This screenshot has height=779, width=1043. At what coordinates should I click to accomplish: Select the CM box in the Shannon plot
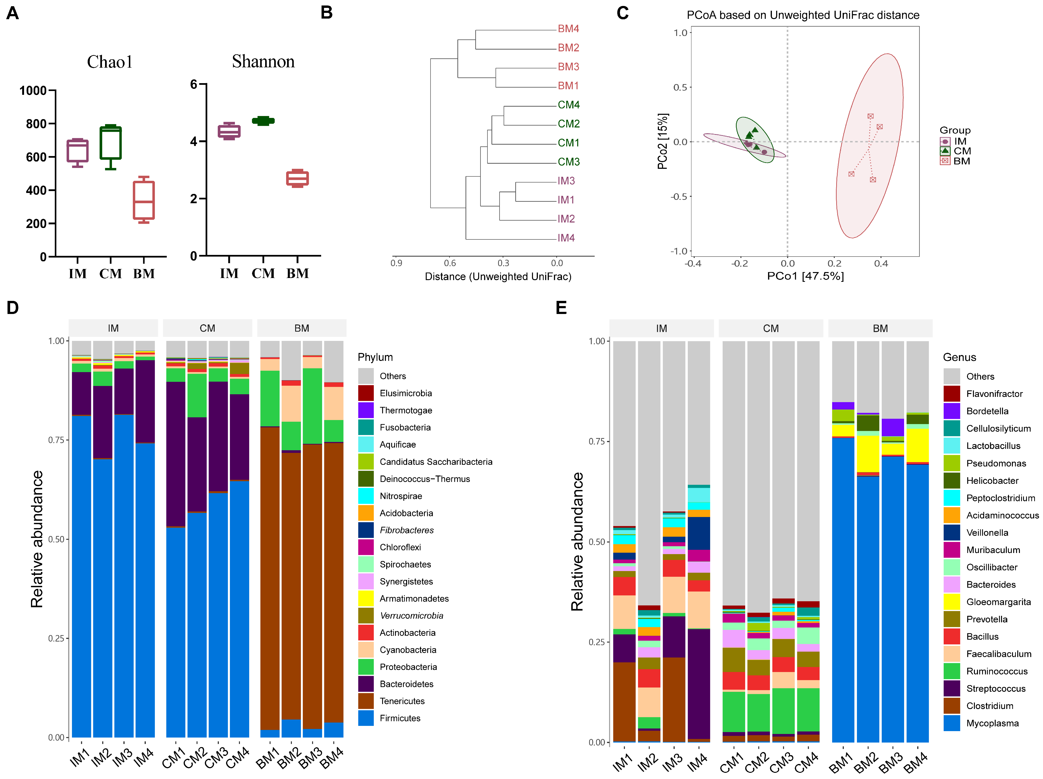click(x=263, y=121)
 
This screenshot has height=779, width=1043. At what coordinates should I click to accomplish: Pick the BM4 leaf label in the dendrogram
click(x=568, y=29)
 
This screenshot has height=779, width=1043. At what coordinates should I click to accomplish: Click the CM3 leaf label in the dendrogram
click(x=569, y=162)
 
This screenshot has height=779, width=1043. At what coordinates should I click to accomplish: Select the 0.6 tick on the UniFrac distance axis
click(x=450, y=263)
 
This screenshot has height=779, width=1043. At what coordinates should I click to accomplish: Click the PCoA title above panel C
click(x=803, y=15)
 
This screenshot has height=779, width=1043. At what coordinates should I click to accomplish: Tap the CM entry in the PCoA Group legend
click(x=962, y=151)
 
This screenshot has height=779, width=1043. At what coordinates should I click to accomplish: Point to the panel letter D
click(x=13, y=308)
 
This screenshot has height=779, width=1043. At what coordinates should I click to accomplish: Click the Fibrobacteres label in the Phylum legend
click(x=406, y=530)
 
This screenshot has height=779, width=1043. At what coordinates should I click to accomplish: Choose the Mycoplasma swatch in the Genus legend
click(x=952, y=723)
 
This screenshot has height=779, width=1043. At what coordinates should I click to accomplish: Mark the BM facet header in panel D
click(x=302, y=328)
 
